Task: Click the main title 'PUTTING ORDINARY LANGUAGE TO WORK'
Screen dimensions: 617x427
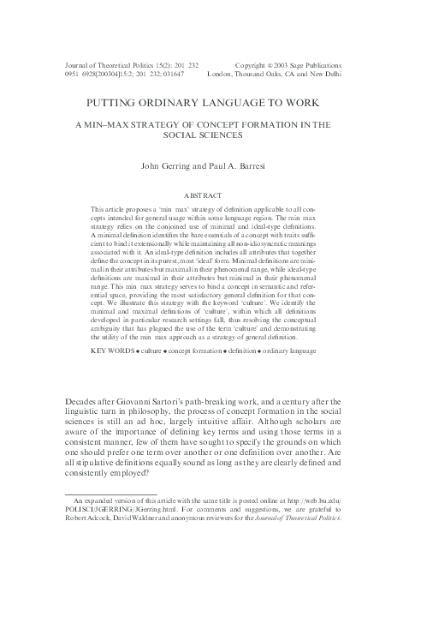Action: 214,103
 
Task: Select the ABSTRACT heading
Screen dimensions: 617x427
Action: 214,195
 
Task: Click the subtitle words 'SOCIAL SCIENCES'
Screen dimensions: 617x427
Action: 214,135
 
